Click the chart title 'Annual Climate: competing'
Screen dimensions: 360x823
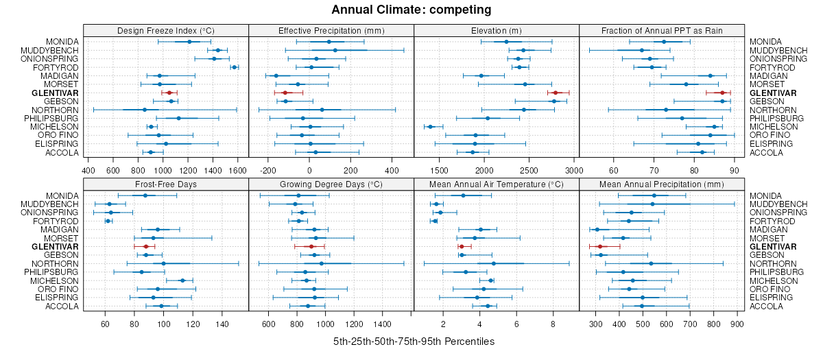click(x=411, y=10)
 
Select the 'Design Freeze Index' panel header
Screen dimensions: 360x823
click(x=165, y=30)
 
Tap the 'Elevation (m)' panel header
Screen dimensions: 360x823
click(x=496, y=30)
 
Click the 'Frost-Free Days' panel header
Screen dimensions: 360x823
click(x=165, y=184)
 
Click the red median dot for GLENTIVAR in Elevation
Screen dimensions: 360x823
click(x=556, y=93)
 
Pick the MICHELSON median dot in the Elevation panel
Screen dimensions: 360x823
click(x=431, y=127)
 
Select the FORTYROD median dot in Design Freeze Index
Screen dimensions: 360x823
click(x=234, y=67)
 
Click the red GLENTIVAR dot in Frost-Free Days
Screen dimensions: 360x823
click(x=145, y=246)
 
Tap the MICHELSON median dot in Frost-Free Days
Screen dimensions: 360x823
click(x=182, y=280)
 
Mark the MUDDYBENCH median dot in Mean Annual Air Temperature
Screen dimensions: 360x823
click(x=436, y=204)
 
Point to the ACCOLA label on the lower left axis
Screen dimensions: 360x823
click(x=63, y=306)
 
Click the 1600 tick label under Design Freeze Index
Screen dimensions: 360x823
click(x=237, y=170)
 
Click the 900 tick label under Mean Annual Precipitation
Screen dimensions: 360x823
click(x=737, y=324)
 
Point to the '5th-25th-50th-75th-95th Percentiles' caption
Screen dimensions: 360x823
click(x=414, y=341)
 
